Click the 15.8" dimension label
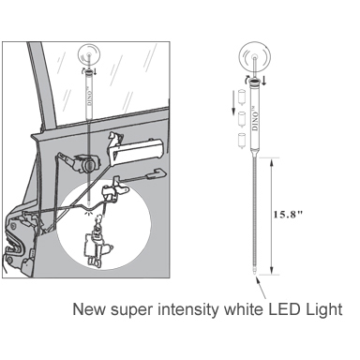(x=288, y=215)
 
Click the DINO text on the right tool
(x=255, y=118)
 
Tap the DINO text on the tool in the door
(x=90, y=97)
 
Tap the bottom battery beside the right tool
(x=241, y=141)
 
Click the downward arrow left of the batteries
(x=233, y=101)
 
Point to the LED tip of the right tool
(x=256, y=273)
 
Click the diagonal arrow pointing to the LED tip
(x=262, y=288)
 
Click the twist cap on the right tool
(x=255, y=82)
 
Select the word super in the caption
(x=133, y=310)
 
